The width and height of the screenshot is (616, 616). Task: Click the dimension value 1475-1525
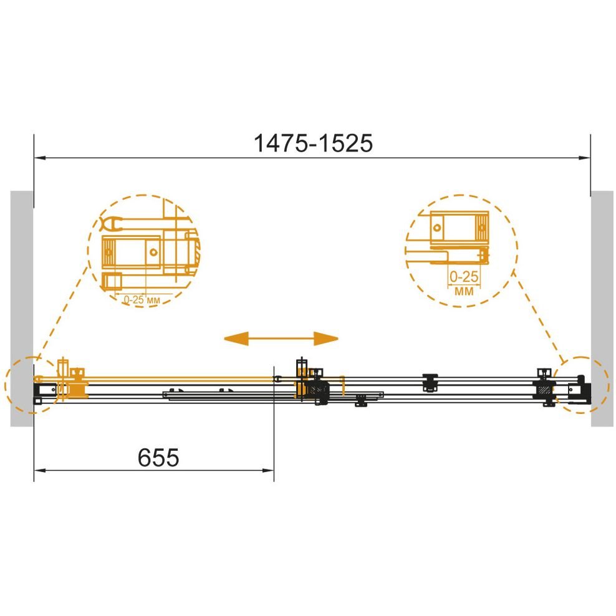pyautogui.click(x=313, y=143)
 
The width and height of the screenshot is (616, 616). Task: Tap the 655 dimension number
pyautogui.click(x=158, y=457)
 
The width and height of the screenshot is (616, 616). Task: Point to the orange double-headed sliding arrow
pyautogui.click(x=281, y=339)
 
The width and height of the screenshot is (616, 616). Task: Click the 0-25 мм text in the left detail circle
pyautogui.click(x=142, y=300)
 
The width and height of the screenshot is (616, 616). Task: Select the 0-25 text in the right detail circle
pyautogui.click(x=464, y=277)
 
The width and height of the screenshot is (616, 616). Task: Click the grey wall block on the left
pyautogui.click(x=22, y=309)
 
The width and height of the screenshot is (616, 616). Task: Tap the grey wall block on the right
pyautogui.click(x=602, y=309)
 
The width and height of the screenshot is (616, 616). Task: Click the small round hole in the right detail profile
pyautogui.click(x=437, y=228)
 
